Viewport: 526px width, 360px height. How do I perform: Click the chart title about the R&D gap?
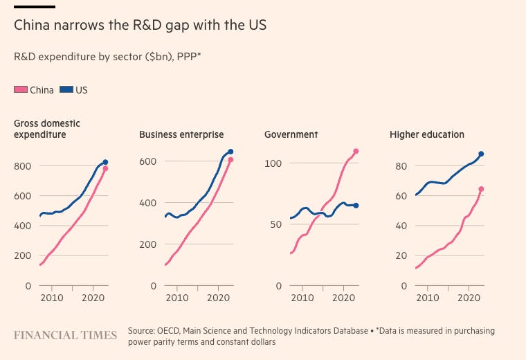pos(140,26)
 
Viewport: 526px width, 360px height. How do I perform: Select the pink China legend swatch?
pos(21,90)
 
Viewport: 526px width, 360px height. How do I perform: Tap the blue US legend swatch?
pos(67,90)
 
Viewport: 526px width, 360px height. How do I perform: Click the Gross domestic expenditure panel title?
pos(47,129)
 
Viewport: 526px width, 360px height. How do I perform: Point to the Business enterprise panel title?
pos(181,134)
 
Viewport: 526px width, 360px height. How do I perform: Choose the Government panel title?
pos(291,134)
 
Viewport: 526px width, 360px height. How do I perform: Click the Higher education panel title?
pos(427,134)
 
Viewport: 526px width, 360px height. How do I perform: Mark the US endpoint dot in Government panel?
pos(356,206)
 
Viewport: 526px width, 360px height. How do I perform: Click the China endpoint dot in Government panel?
pos(356,151)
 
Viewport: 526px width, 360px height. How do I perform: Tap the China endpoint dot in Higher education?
pos(481,189)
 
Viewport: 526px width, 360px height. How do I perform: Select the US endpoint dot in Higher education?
pos(481,154)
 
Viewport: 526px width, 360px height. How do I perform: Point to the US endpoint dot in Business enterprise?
pos(230,152)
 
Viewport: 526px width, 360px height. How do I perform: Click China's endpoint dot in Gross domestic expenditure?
pos(105,168)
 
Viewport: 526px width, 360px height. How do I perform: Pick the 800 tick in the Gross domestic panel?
pos(23,166)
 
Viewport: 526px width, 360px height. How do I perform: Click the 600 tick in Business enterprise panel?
pos(148,161)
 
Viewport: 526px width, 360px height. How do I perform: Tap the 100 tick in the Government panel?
pos(273,163)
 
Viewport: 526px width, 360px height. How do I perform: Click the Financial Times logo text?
pos(66,335)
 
